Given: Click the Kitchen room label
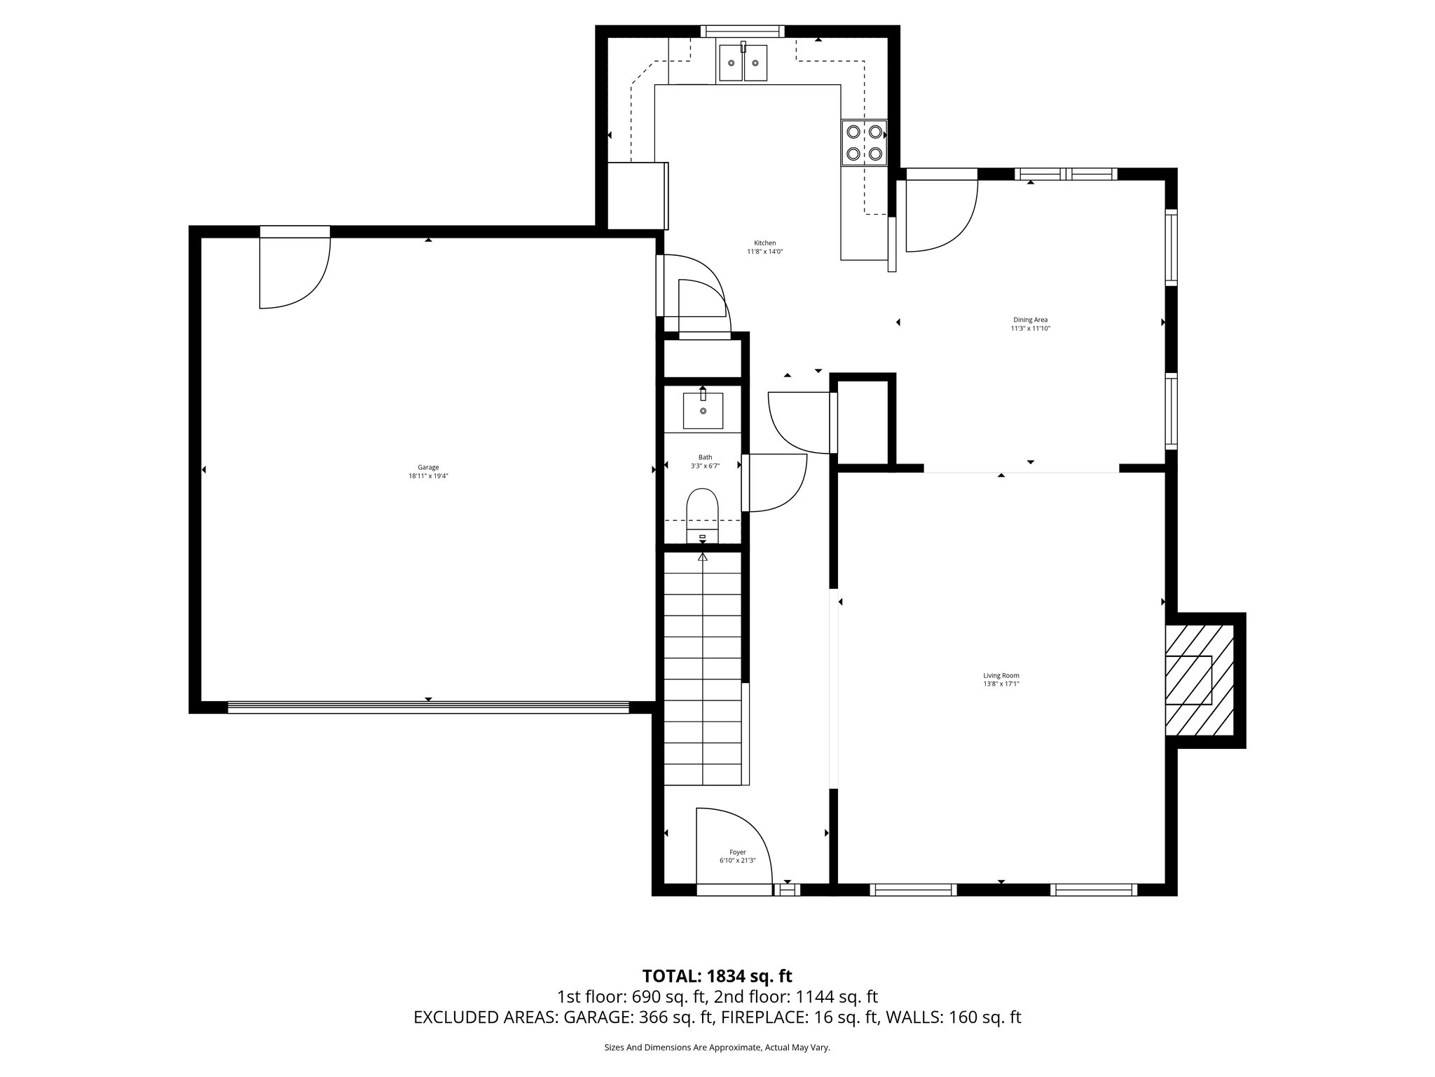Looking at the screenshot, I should point(764,243).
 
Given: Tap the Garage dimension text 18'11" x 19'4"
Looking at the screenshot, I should point(428,476).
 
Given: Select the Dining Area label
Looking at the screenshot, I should point(1030,320).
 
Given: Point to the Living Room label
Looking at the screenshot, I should point(1001,675).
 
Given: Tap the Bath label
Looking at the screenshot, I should point(705,457).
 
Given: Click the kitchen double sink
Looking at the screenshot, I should point(742,63).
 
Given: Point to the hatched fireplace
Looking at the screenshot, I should point(1198,679).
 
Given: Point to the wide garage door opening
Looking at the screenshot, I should point(428,707).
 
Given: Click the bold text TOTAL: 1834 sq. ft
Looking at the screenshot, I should point(717,975).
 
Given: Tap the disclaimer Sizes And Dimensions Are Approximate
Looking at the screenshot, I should point(717,1048).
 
